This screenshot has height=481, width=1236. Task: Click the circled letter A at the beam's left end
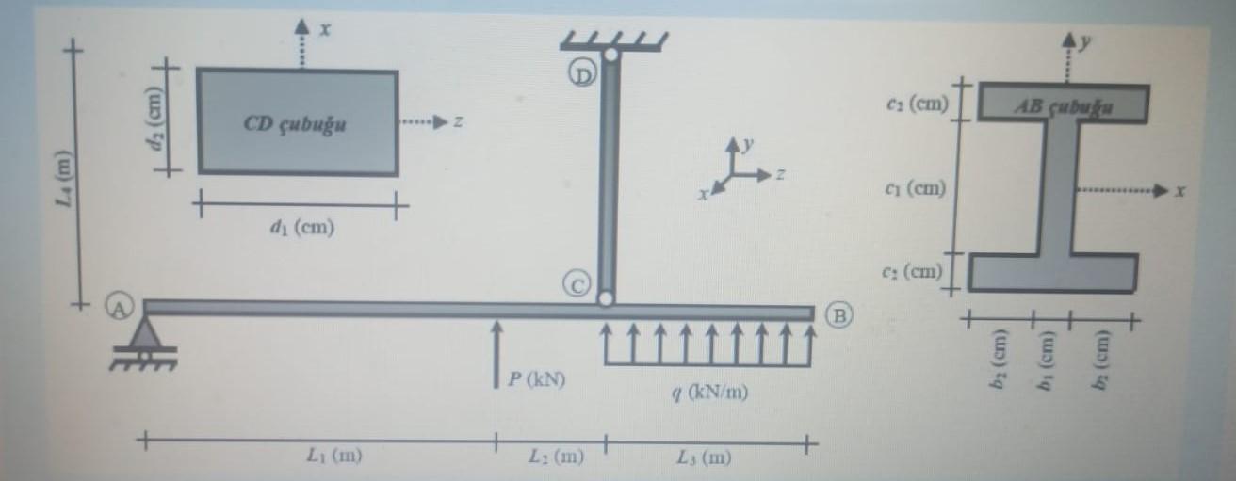[121, 304]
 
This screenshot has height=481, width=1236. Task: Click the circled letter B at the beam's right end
[838, 315]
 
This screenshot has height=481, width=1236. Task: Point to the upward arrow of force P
[495, 353]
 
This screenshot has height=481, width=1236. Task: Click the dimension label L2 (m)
[556, 457]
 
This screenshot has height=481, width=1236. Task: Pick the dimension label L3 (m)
[703, 457]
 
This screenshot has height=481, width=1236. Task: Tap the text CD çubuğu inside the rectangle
[294, 125]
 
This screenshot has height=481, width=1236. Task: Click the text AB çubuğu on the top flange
[1063, 106]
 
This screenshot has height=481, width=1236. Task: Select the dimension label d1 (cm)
[301, 227]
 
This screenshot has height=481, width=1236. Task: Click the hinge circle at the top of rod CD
[610, 55]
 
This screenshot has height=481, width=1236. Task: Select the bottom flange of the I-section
[1051, 272]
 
